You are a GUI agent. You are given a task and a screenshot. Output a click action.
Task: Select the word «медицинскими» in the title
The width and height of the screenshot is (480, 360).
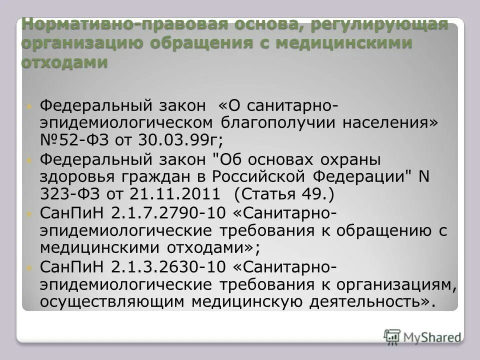(345, 43)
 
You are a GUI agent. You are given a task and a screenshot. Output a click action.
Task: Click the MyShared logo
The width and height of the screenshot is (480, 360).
(422, 336)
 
